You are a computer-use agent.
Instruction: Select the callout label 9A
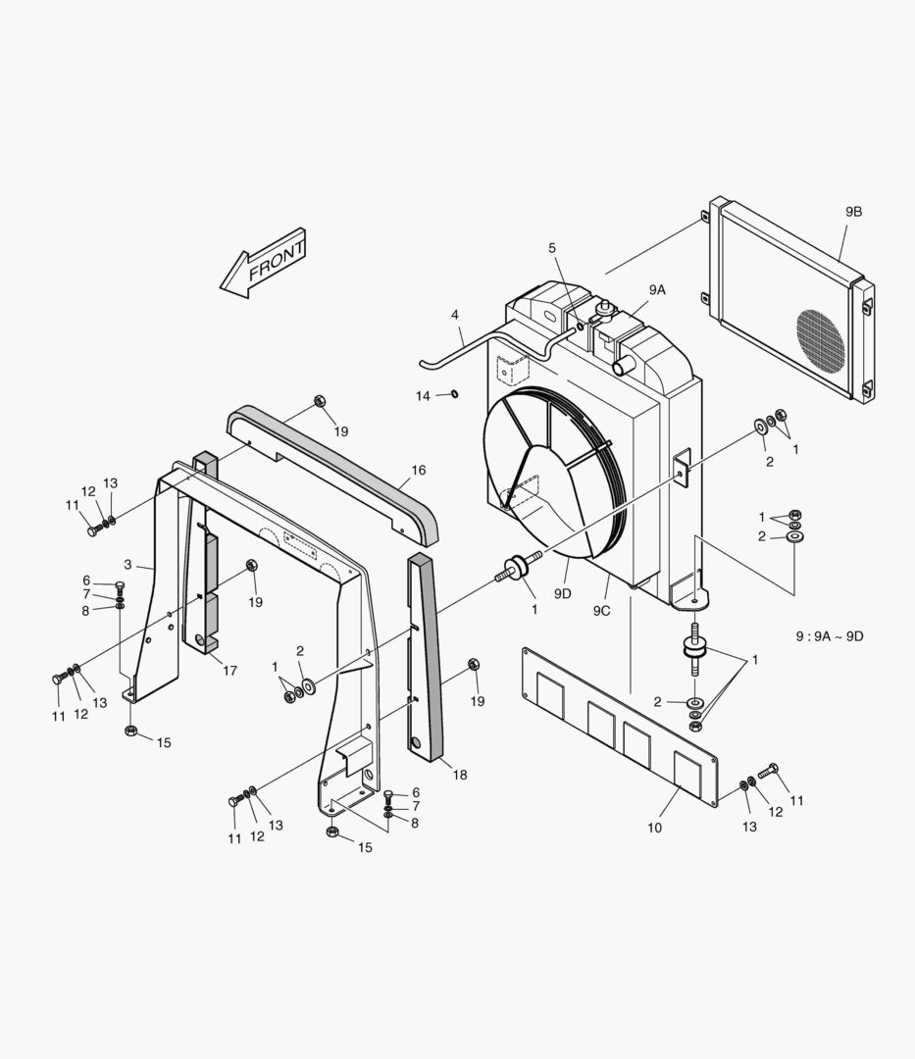pyautogui.click(x=656, y=289)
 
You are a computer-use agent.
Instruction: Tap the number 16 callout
pyautogui.click(x=419, y=471)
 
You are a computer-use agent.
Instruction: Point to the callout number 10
pyautogui.click(x=654, y=828)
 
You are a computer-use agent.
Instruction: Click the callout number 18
pyautogui.click(x=460, y=775)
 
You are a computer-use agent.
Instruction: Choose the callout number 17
pyautogui.click(x=230, y=671)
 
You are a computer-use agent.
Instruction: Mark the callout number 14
pyautogui.click(x=423, y=395)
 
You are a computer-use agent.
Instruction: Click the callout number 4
pyautogui.click(x=455, y=315)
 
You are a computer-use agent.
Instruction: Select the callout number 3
pyautogui.click(x=127, y=564)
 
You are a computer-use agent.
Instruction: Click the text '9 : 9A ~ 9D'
pyautogui.click(x=830, y=636)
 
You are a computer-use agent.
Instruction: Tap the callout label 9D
pyautogui.click(x=562, y=593)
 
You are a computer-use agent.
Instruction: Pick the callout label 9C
pyautogui.click(x=601, y=610)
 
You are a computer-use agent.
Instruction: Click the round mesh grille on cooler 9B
pyautogui.click(x=820, y=339)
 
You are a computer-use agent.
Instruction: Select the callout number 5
pyautogui.click(x=552, y=247)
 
